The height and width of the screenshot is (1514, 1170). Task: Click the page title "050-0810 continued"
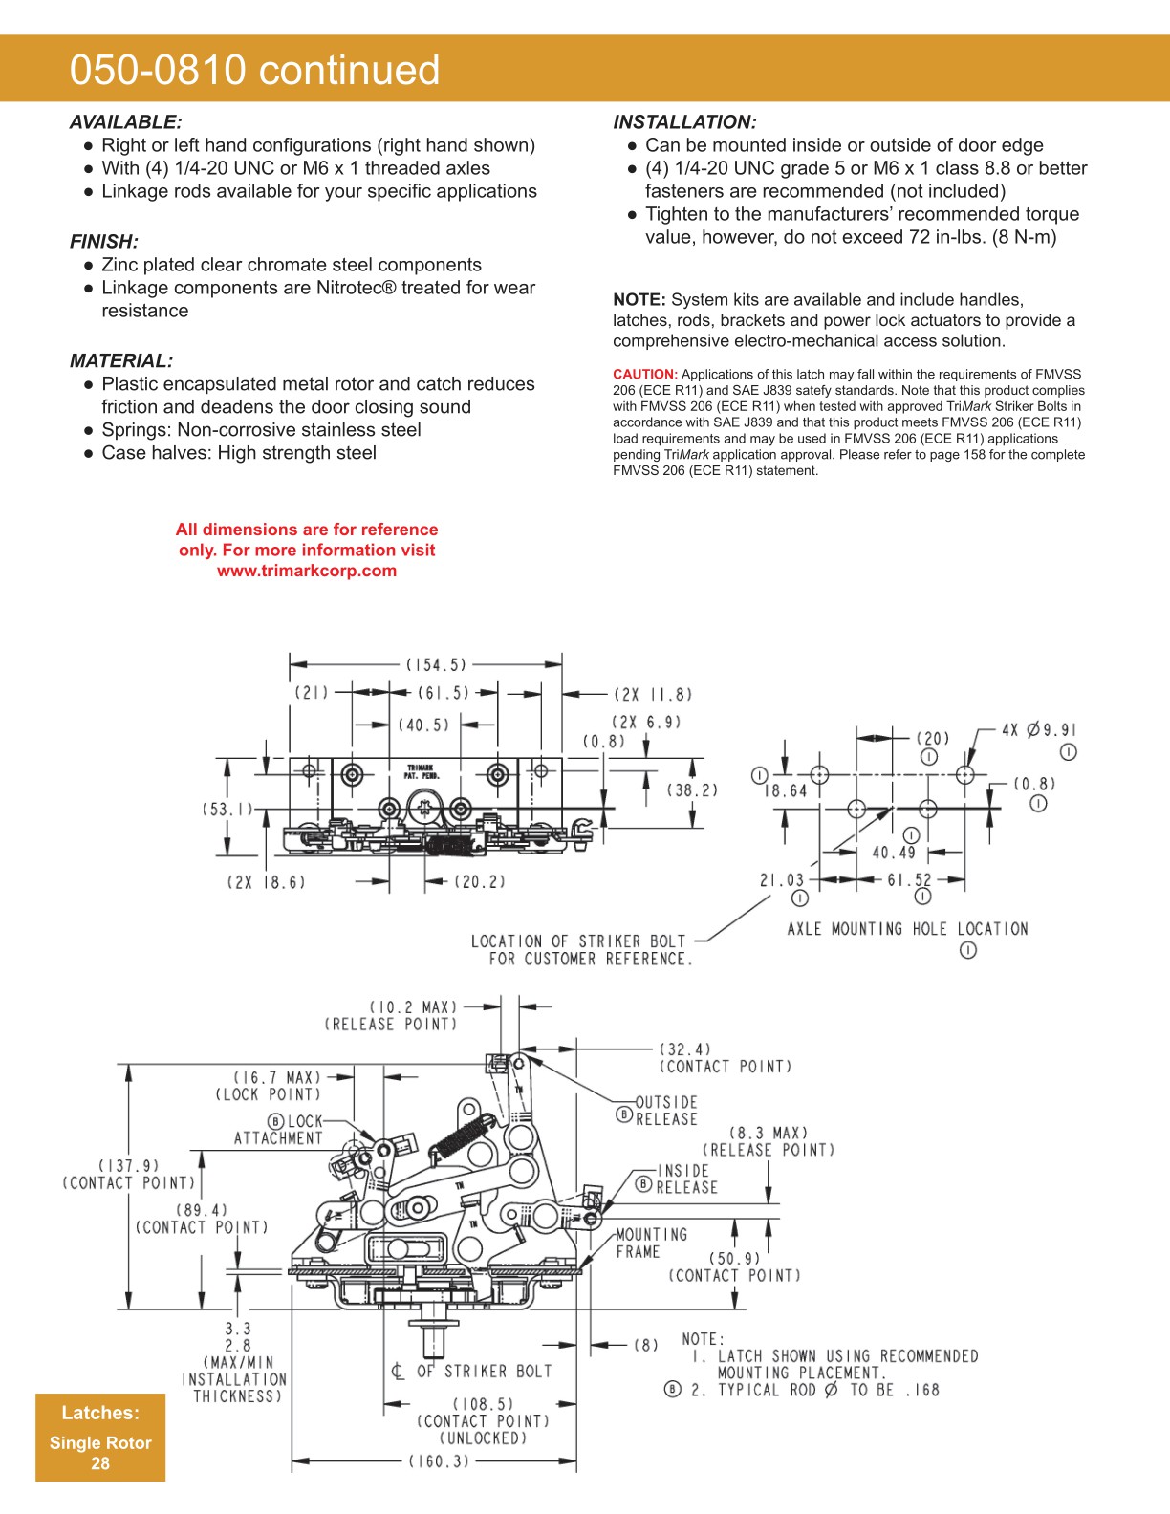point(254,70)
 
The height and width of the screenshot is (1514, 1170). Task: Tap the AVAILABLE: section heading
point(125,122)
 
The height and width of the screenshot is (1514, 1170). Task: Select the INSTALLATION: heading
point(684,122)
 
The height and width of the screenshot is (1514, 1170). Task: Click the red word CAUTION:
point(645,375)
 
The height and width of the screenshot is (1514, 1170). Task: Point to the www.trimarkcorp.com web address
point(306,571)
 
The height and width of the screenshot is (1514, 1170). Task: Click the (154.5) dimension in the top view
point(436,664)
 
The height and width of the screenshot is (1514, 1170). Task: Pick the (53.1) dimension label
point(227,810)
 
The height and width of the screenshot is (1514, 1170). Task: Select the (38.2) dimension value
point(692,790)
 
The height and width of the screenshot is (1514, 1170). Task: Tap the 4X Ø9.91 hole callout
point(1039,730)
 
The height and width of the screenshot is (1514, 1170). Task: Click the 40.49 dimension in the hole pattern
point(894,853)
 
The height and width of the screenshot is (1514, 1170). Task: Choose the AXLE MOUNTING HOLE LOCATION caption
point(907,929)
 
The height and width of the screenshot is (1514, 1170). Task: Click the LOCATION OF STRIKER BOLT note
point(579,950)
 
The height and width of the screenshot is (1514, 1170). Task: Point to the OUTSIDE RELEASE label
point(666,1111)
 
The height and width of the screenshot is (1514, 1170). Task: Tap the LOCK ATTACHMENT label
point(278,1130)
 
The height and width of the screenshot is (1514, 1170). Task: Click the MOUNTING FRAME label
point(650,1243)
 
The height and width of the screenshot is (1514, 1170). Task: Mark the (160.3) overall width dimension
point(439,1461)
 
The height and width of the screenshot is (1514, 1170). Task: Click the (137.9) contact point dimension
point(129,1174)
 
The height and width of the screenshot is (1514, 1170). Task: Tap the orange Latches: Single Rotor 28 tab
point(100,1437)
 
